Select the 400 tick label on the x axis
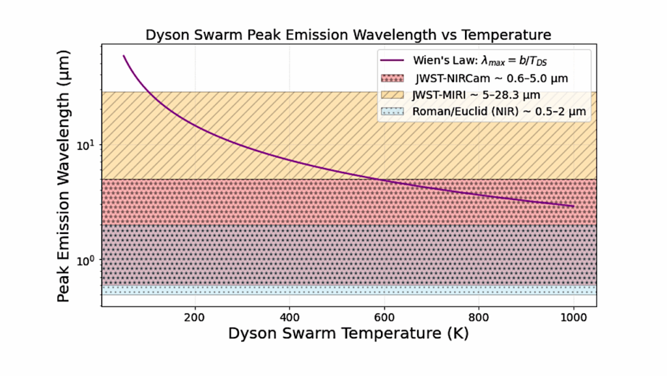pyautogui.click(x=289, y=316)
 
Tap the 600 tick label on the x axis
pyautogui.click(x=384, y=316)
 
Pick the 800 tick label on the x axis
pyautogui.click(x=479, y=316)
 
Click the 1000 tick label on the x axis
pyautogui.click(x=573, y=316)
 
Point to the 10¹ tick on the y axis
pyautogui.click(x=87, y=144)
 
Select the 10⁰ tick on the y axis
pyautogui.click(x=87, y=259)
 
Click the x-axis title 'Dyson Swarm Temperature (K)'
pyautogui.click(x=348, y=333)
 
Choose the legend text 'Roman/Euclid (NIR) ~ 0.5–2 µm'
pyautogui.click(x=499, y=111)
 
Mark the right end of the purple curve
pyautogui.click(x=573, y=206)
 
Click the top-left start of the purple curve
pyautogui.click(x=124, y=56)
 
